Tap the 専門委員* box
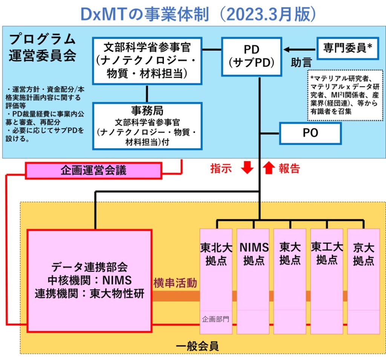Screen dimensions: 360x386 click(348, 48)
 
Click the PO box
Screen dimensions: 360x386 click(310, 133)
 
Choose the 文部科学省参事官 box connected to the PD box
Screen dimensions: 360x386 click(147, 60)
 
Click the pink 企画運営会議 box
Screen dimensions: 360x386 click(93, 171)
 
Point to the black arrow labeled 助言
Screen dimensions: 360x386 click(300, 49)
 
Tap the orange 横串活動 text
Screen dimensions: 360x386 click(175, 283)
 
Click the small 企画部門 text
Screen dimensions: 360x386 click(215, 319)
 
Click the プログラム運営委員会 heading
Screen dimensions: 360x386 click(43, 47)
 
